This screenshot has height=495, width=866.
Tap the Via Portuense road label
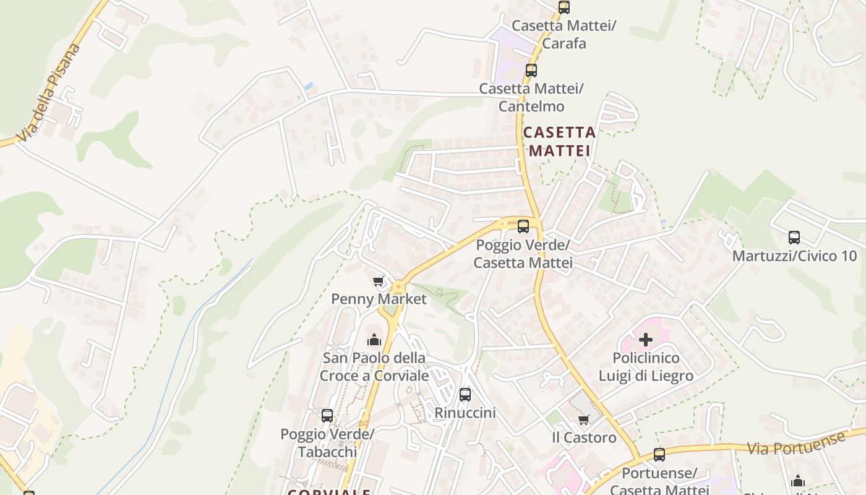(x=795, y=444)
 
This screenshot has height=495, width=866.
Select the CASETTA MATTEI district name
(x=559, y=141)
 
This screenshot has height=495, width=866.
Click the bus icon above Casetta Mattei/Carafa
(x=564, y=7)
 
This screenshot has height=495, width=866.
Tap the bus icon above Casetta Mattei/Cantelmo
(x=531, y=70)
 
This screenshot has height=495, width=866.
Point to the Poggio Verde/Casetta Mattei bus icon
(x=523, y=226)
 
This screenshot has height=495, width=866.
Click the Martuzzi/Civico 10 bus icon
(x=794, y=237)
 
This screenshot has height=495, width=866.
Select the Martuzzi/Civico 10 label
(x=794, y=256)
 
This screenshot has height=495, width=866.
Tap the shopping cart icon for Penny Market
(x=379, y=281)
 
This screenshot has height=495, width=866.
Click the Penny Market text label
(x=379, y=299)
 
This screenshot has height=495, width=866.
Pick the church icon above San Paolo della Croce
(x=374, y=340)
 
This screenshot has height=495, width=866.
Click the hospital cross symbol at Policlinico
(x=646, y=339)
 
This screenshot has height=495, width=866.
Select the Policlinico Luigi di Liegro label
(x=646, y=367)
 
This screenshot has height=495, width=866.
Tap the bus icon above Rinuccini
(x=465, y=394)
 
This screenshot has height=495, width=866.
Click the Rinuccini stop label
(x=465, y=412)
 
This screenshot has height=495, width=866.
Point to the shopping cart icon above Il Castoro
(x=583, y=420)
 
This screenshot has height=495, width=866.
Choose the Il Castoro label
(x=584, y=437)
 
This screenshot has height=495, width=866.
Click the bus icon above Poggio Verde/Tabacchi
(x=327, y=415)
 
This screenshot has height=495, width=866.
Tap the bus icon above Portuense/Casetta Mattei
(x=659, y=455)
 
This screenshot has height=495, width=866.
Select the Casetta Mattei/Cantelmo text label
(x=531, y=97)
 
